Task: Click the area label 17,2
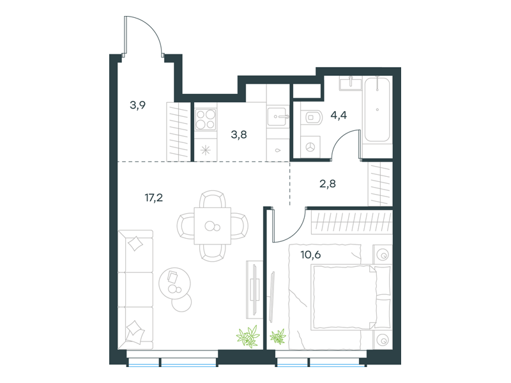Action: click(154, 197)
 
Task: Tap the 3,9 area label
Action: click(137, 105)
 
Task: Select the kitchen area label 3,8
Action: click(239, 134)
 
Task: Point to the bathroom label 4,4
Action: click(339, 115)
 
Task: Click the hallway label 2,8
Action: click(328, 184)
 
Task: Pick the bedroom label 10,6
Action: click(310, 254)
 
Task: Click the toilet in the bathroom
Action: click(312, 117)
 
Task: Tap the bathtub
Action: click(378, 109)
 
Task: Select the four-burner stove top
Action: click(206, 119)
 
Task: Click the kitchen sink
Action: click(278, 116)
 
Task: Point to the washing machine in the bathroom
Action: click(310, 147)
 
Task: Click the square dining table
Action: click(213, 226)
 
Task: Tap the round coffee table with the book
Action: click(174, 283)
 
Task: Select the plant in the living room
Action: click(248, 336)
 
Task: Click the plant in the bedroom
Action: click(278, 337)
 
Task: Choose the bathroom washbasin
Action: click(350, 83)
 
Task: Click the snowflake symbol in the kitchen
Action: click(206, 150)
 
